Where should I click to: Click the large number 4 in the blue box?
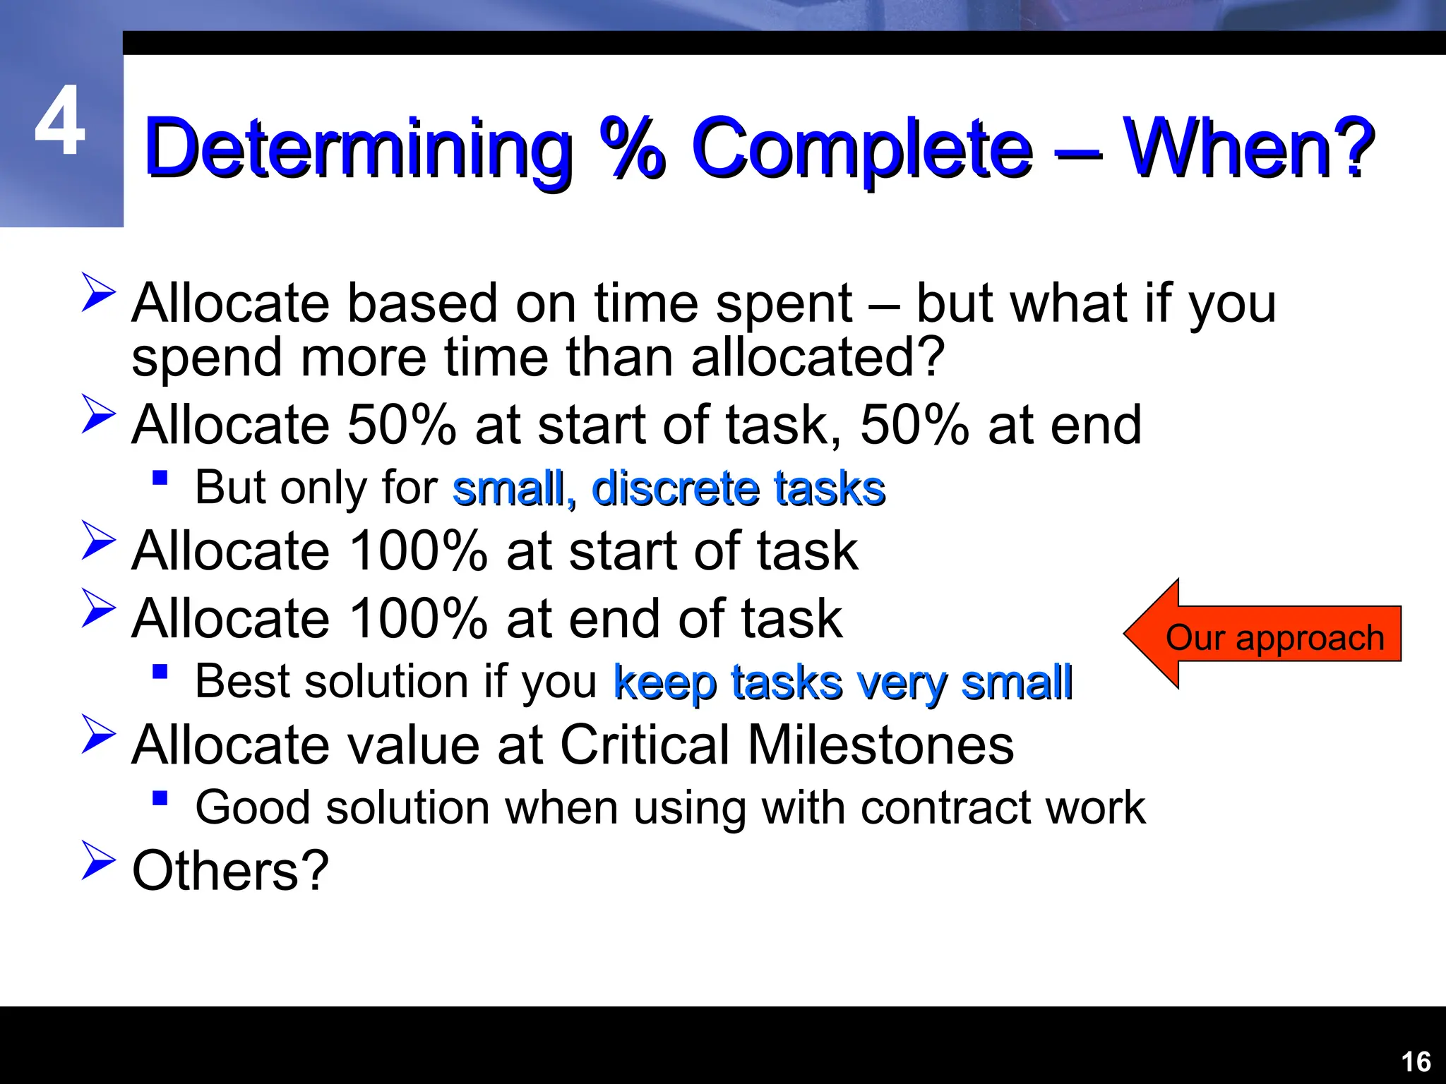(x=60, y=121)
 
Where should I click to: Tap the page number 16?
(x=1415, y=1062)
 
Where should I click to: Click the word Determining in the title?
(x=358, y=148)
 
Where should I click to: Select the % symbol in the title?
(x=632, y=148)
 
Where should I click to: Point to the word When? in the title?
(x=1248, y=148)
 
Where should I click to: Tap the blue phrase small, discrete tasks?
(x=668, y=488)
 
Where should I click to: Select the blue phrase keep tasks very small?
(x=843, y=682)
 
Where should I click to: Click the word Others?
(x=230, y=871)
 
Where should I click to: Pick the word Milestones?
(x=880, y=745)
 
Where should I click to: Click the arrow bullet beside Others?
(x=97, y=860)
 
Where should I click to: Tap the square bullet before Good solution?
(x=160, y=798)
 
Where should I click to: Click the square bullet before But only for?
(x=160, y=478)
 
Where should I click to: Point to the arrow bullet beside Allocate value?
(x=97, y=734)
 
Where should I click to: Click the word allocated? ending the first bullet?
(x=817, y=359)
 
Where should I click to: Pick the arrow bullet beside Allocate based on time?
(x=97, y=292)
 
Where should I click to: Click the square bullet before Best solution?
(x=160, y=671)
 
